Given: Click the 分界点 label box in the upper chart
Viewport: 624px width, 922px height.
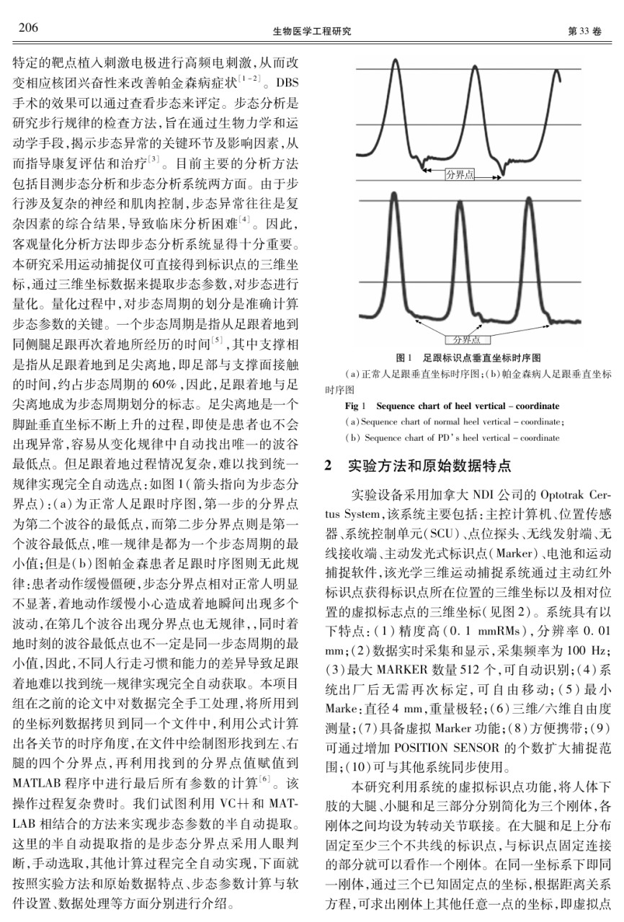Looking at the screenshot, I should point(460,173).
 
